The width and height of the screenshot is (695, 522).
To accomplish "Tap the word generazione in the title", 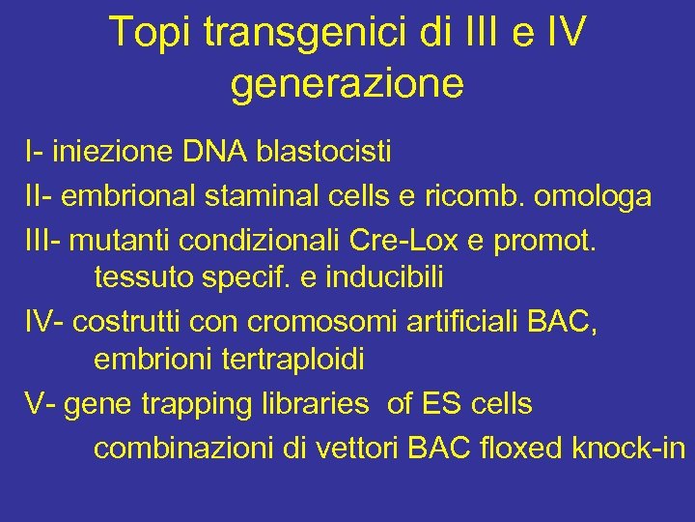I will (x=347, y=83).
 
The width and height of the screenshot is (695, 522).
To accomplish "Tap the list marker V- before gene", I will (x=42, y=404).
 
